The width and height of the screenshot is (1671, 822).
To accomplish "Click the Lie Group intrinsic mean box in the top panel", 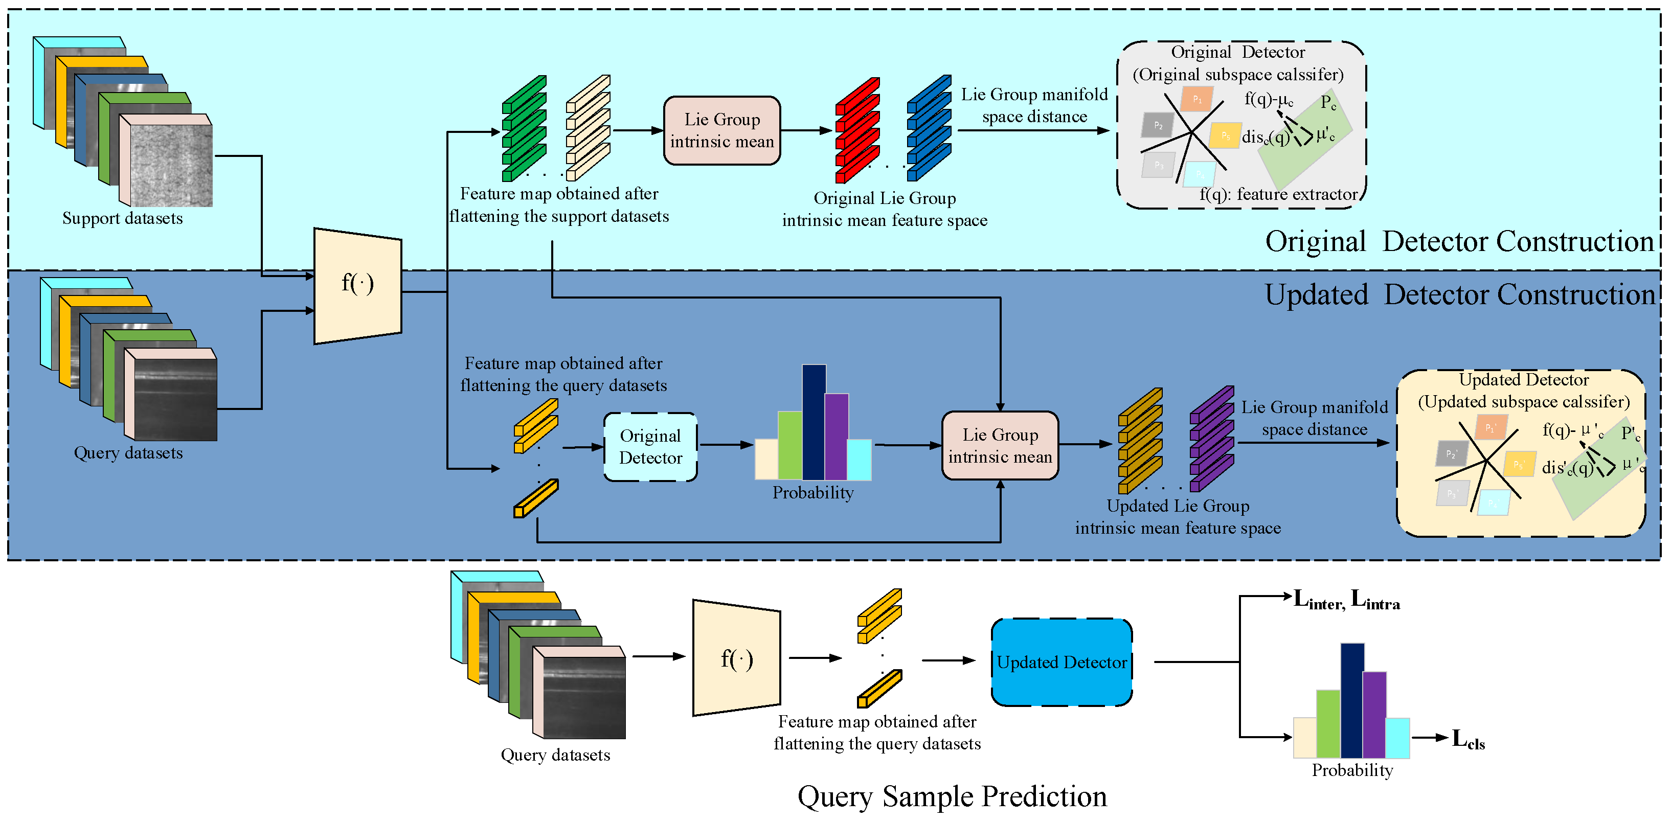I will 721,130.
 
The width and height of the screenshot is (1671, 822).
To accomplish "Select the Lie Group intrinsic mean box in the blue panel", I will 1000,445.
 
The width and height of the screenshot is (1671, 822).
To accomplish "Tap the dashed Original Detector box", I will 650,447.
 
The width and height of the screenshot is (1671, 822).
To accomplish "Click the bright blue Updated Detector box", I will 1061,662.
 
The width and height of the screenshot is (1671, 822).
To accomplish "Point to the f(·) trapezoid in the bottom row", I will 736,658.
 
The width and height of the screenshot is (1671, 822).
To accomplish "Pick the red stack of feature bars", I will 857,130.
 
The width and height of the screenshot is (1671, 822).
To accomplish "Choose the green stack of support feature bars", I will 524,128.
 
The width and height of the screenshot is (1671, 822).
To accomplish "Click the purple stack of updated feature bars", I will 1211,439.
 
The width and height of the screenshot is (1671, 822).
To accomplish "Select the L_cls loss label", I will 1468,739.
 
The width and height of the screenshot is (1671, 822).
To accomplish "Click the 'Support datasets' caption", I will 123,218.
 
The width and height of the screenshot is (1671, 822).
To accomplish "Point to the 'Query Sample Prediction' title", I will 952,797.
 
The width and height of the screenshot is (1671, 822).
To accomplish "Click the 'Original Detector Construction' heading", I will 1459,242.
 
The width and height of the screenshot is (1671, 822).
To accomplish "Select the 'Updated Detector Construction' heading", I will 1459,295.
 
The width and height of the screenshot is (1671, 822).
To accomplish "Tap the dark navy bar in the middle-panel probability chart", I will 814,422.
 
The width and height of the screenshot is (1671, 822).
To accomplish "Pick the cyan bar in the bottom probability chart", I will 1397,738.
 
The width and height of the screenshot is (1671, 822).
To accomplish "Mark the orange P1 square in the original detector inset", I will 1197,99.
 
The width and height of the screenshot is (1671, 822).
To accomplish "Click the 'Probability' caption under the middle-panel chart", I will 813,493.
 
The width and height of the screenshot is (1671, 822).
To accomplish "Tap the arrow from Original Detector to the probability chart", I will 726,445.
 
